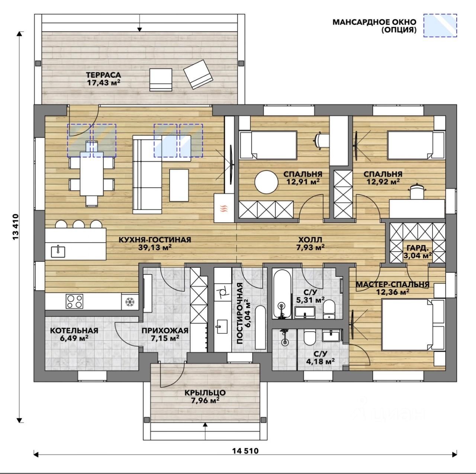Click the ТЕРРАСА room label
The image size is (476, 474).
(x=103, y=75)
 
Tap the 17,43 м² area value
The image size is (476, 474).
(x=103, y=83)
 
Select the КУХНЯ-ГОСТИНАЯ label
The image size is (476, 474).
(x=155, y=240)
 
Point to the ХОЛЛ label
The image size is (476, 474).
(x=310, y=240)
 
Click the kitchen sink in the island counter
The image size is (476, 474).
(x=58, y=252)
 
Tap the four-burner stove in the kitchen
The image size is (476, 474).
(x=74, y=301)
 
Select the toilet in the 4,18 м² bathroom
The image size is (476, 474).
(x=309, y=337)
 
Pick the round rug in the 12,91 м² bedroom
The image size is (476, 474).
(x=267, y=182)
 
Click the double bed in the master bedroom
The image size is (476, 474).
(x=413, y=324)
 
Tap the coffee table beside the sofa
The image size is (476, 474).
(x=179, y=185)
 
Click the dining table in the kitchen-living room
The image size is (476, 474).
(x=91, y=173)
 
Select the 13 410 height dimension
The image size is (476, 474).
(x=16, y=227)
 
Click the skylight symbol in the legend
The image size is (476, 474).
(x=440, y=25)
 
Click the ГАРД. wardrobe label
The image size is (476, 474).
(x=418, y=248)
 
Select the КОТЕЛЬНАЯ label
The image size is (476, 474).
(x=74, y=330)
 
